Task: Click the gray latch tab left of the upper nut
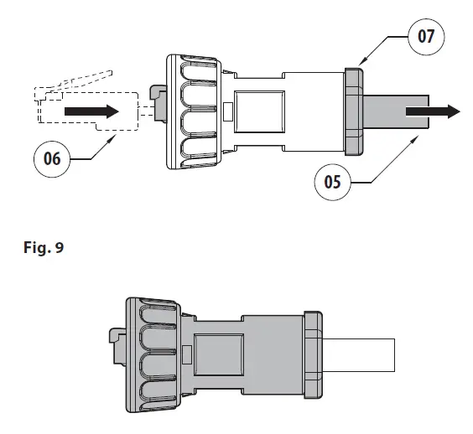click(x=158, y=98)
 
